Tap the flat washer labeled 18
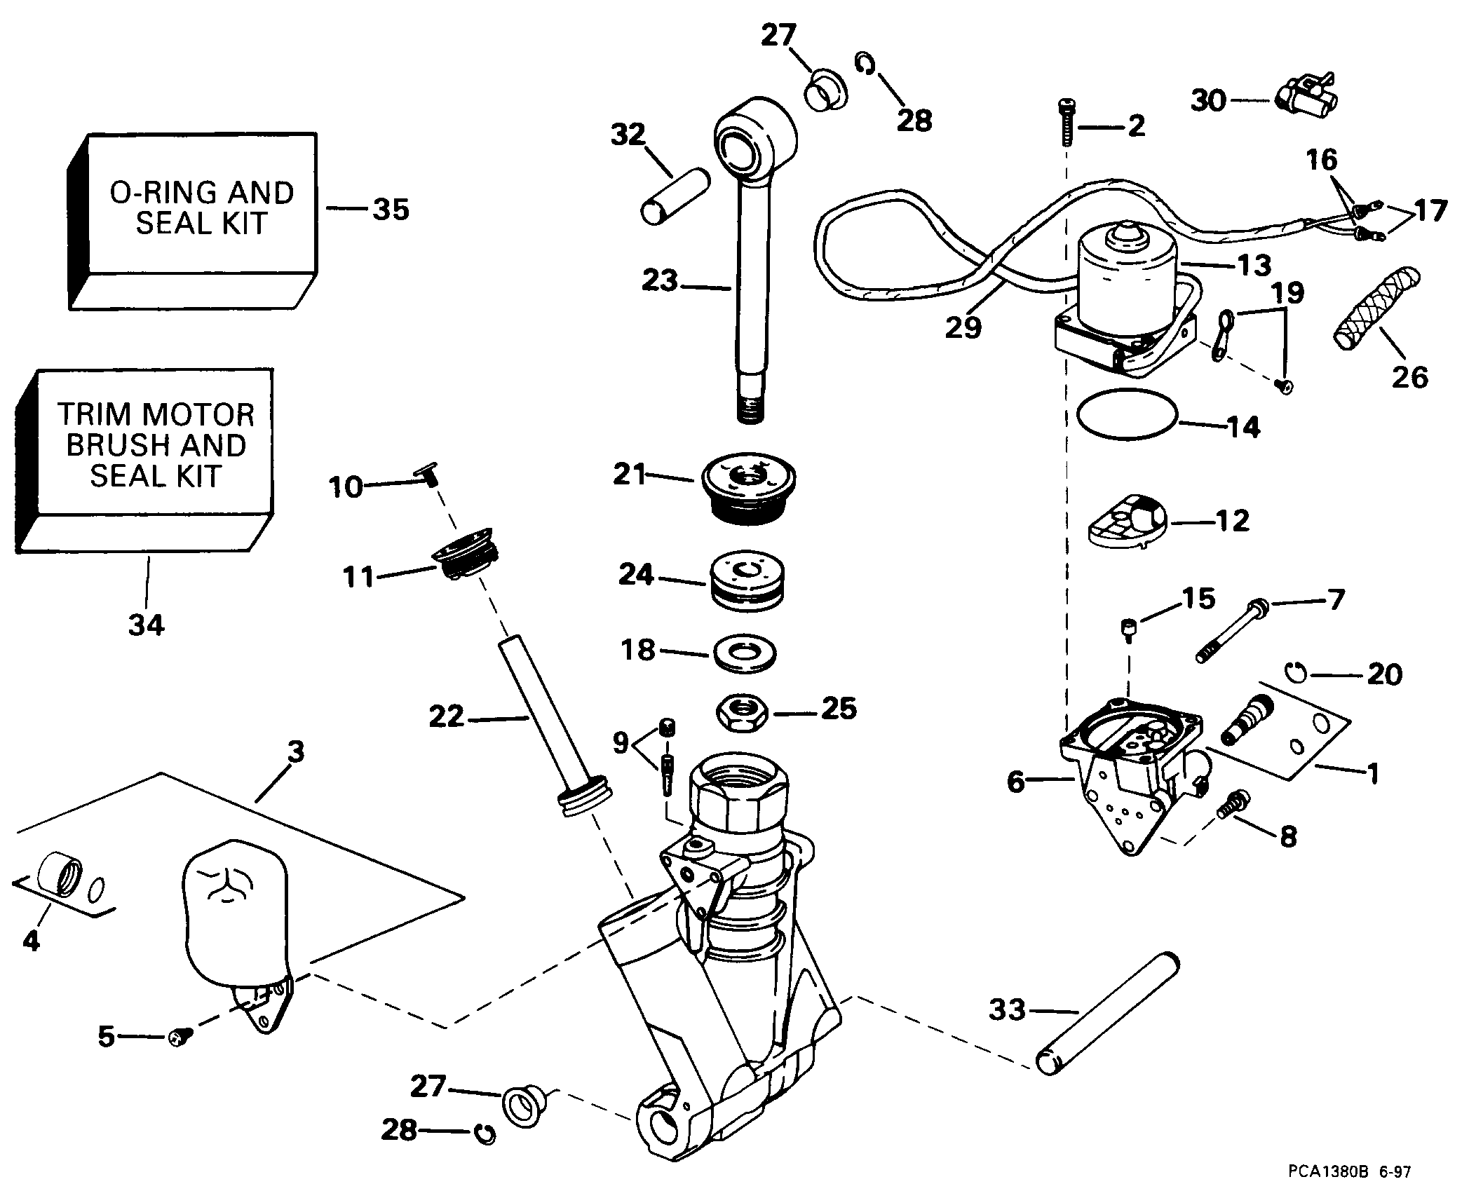click(744, 654)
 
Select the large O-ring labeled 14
click(1126, 416)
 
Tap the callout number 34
click(146, 623)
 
